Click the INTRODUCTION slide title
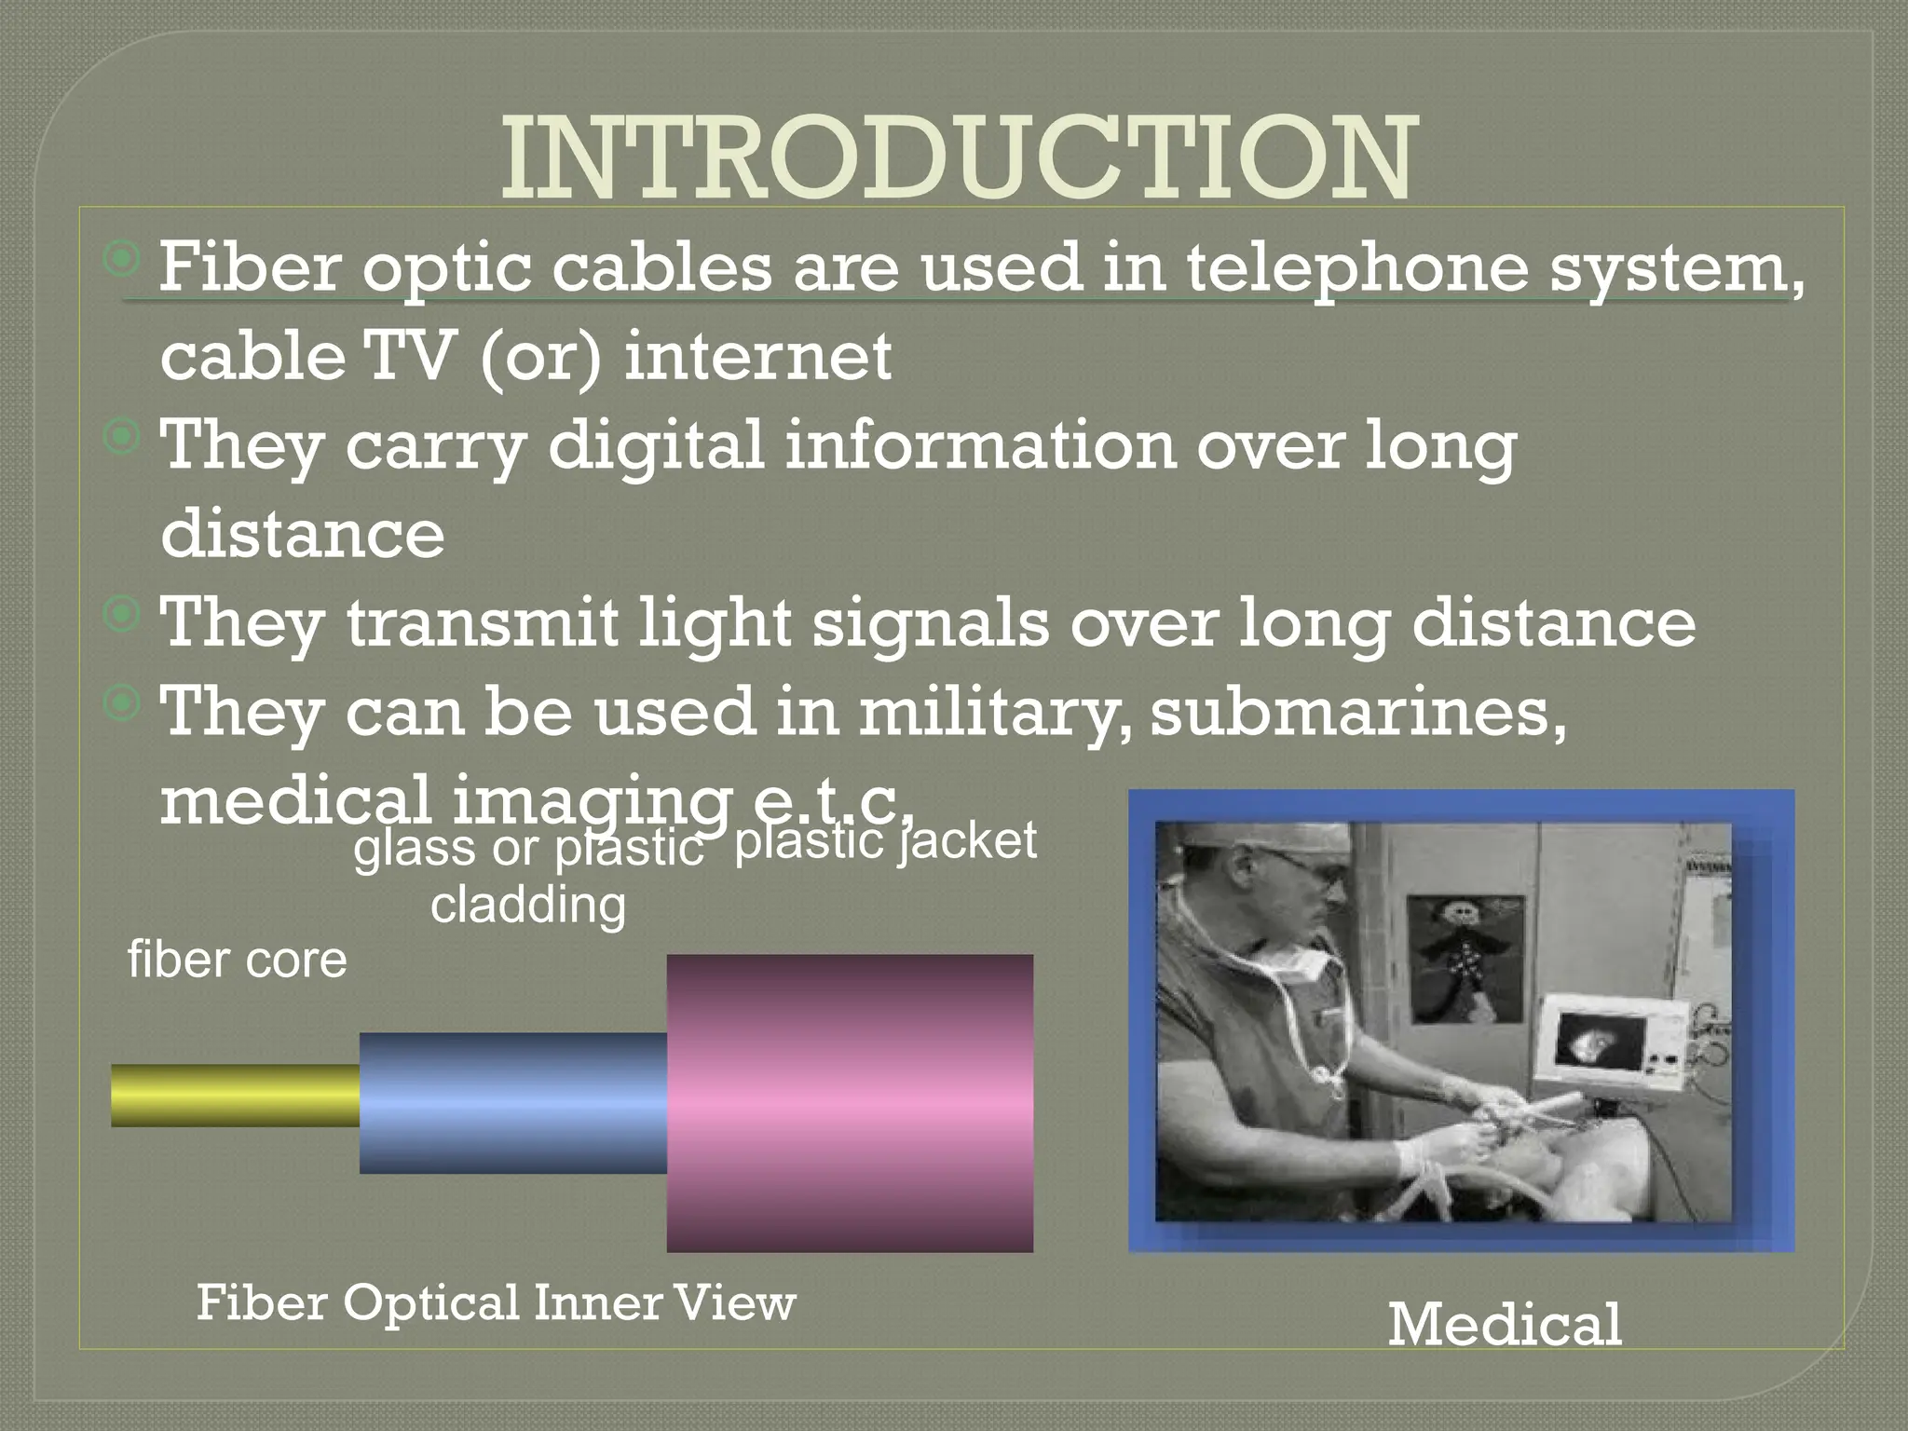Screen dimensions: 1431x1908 [959, 159]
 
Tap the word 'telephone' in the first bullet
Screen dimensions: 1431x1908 [1356, 268]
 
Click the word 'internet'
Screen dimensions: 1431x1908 [757, 357]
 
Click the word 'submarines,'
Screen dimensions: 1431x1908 [1358, 711]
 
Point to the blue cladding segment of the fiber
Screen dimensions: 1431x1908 [512, 1103]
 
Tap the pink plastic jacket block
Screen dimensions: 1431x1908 [850, 1103]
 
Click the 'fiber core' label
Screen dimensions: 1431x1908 [237, 960]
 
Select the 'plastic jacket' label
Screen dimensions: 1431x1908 [885, 841]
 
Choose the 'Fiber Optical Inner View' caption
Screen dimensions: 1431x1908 [496, 1302]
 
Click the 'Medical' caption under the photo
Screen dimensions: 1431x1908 [1505, 1324]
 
